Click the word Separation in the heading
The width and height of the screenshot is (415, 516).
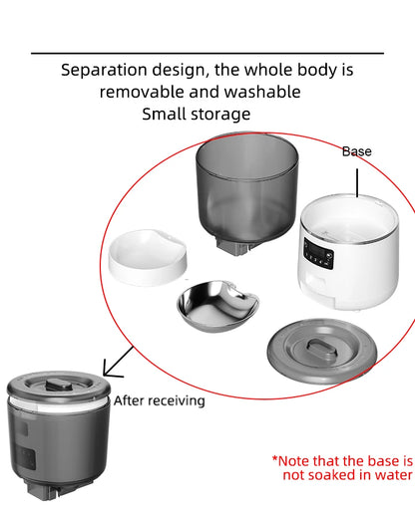pos(104,71)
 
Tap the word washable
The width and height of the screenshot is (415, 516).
pos(262,92)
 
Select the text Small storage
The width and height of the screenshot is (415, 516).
pos(197,115)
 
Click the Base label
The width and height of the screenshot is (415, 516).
pos(357,151)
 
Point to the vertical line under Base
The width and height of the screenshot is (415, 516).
pos(357,182)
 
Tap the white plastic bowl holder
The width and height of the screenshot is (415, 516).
pos(148,257)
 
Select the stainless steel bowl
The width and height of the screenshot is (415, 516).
pos(217,306)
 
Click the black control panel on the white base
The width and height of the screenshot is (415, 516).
pos(318,254)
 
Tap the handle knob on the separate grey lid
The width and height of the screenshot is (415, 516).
pos(321,347)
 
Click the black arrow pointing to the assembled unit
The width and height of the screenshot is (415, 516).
pos(118,363)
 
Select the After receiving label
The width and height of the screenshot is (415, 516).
pos(160,400)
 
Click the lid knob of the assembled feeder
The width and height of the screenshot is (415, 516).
pos(59,385)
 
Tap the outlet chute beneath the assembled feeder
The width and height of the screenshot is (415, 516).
pos(43,491)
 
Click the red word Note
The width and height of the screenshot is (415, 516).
pos(293,461)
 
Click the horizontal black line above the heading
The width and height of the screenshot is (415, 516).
pos(207,53)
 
